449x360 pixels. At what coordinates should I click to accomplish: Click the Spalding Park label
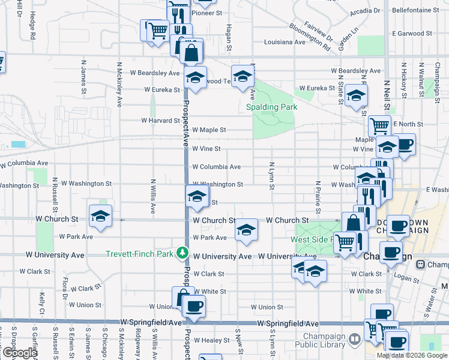click(x=271, y=107)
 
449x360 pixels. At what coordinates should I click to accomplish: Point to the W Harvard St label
click(x=161, y=120)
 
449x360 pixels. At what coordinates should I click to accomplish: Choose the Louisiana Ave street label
click(x=286, y=42)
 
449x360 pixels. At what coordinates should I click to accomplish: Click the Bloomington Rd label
click(x=309, y=35)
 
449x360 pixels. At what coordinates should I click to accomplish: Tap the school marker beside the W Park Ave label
click(x=246, y=230)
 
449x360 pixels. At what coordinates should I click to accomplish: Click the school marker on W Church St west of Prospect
click(x=100, y=217)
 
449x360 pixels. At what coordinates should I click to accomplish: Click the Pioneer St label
click(x=206, y=12)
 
